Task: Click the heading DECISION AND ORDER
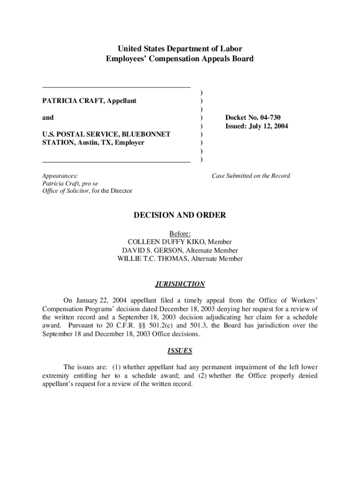[x=180, y=215]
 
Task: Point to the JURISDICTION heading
[x=180, y=284]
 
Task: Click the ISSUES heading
[x=180, y=350]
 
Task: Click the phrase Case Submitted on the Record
[x=251, y=176]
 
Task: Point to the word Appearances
[x=60, y=176]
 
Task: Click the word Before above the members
[x=179, y=233]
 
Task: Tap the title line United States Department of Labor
[x=180, y=49]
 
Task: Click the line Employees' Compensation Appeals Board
[x=180, y=59]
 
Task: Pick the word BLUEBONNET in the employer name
[x=147, y=134]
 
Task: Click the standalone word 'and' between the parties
[x=48, y=117]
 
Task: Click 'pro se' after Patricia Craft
[x=89, y=183]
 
